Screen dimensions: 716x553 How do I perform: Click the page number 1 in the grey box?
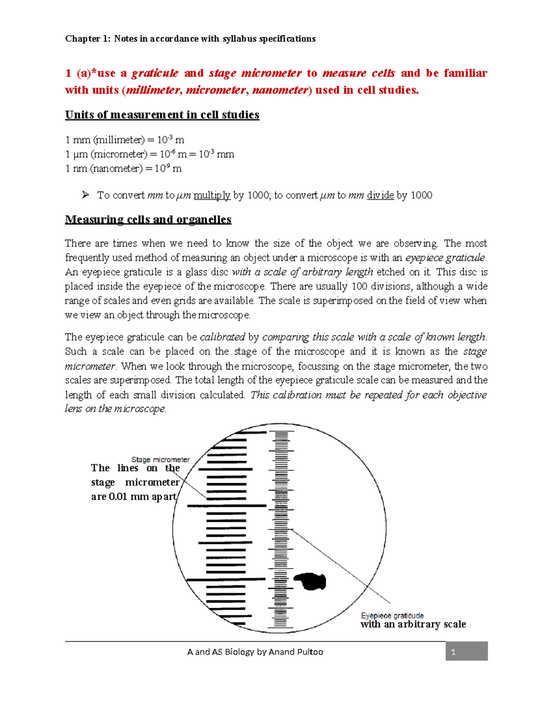pos(453,652)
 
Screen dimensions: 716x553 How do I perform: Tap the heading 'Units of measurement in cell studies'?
pos(162,115)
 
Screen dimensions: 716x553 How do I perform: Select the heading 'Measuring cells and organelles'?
pos(148,219)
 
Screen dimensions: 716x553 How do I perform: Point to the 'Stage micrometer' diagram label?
pos(160,460)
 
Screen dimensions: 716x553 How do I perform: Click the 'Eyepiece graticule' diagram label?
pos(392,615)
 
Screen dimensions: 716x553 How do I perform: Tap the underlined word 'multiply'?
pos(212,195)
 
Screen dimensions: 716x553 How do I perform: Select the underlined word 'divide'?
pos(380,195)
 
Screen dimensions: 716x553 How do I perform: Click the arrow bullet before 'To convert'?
pos(85,195)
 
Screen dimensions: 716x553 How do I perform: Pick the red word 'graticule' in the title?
pos(155,73)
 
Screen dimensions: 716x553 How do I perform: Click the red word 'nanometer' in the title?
pos(280,90)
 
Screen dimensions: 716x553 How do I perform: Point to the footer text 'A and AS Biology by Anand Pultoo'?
pos(255,652)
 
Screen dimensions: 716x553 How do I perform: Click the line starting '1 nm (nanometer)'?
pos(124,169)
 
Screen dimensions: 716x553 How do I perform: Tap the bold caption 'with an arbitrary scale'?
pos(413,624)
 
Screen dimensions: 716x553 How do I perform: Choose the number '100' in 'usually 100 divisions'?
pos(359,286)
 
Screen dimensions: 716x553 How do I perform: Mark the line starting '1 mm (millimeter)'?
pos(124,140)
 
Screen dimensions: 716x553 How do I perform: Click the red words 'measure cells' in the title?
pos(359,73)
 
